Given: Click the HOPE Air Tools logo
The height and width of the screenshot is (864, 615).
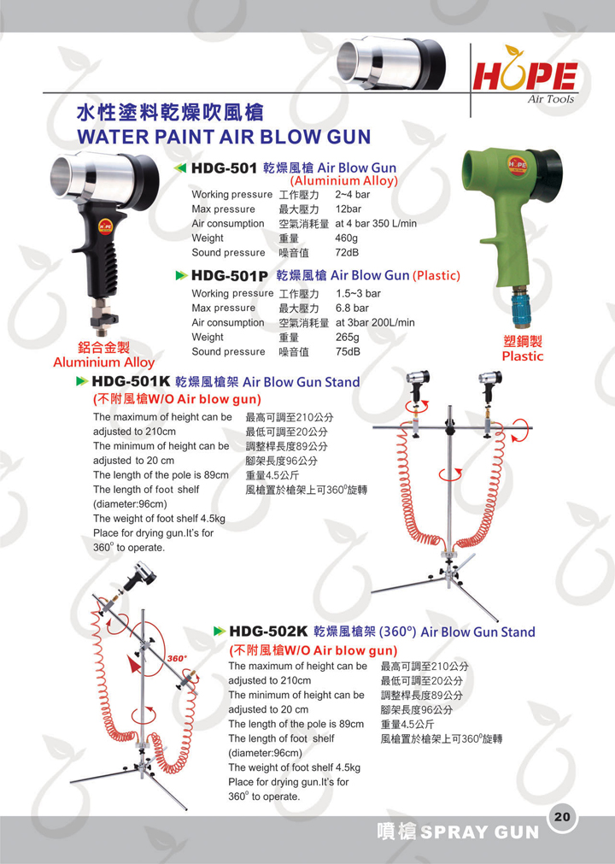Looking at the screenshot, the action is [524, 76].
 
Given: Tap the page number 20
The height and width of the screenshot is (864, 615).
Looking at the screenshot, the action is [562, 816].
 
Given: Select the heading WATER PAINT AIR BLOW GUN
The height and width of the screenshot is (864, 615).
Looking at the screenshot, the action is [224, 137].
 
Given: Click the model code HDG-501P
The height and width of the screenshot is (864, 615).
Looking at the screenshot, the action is [229, 275].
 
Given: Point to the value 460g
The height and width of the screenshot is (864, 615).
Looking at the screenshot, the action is [346, 238].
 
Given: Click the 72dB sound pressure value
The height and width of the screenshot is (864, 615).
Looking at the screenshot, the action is [347, 252].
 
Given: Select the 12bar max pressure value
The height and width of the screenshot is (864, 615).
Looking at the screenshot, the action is [348, 209].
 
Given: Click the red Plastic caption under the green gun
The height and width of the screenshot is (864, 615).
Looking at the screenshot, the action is [523, 356].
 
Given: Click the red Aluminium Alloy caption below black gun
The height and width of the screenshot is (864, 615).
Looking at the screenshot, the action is [103, 362].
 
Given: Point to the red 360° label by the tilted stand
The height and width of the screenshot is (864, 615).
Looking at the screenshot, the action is [177, 659].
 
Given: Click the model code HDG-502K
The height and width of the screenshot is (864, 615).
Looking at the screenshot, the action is [268, 632].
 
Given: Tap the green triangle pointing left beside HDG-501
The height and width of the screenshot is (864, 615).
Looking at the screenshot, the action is [179, 168].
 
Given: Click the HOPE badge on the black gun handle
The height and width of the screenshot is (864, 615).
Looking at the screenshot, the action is [105, 226].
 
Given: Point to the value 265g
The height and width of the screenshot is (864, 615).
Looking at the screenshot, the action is [348, 338].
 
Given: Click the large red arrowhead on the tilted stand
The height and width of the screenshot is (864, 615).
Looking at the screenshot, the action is [132, 664].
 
